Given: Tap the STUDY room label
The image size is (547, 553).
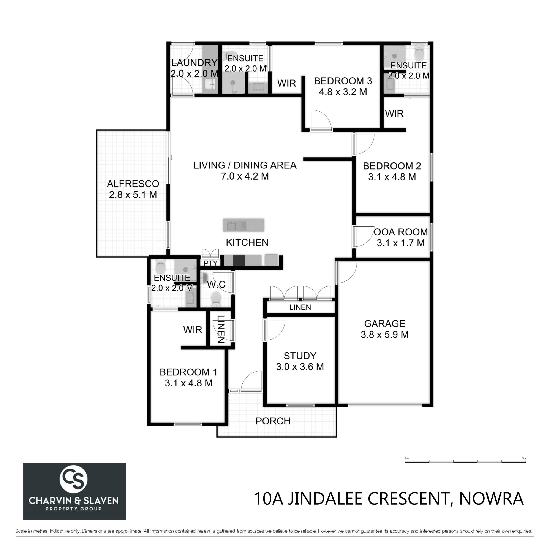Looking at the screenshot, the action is coord(300,356).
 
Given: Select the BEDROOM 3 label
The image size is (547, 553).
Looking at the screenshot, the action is coord(343,81).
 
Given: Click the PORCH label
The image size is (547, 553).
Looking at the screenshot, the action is coord(273,421).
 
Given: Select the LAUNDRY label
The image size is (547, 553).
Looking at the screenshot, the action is coord(194,62).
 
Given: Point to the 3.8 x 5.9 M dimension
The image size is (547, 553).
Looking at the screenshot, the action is coord(384,334).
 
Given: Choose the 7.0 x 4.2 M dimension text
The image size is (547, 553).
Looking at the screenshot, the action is coord(245,176).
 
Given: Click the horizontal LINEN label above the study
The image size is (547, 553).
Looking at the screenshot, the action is coord(300,307).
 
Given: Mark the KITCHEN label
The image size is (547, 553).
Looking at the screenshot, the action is coord(247,242).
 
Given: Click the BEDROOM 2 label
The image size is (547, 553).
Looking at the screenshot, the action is coord(392,166).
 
